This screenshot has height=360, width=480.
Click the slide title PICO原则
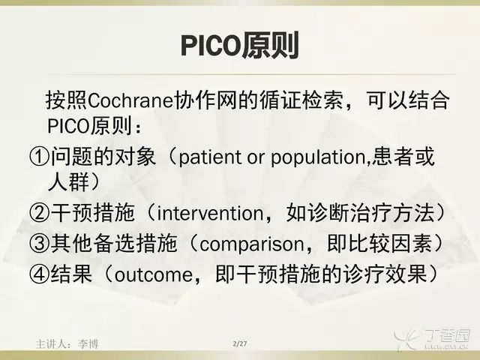(240, 46)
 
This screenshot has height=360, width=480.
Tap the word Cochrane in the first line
(130, 100)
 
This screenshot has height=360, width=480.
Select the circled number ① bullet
(39, 157)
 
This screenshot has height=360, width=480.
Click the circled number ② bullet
(39, 213)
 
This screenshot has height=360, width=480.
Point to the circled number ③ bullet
(39, 243)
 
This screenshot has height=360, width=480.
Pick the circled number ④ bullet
(39, 274)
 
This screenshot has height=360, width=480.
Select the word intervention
(210, 213)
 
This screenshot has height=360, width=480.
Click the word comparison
(252, 244)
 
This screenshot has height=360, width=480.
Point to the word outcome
(154, 274)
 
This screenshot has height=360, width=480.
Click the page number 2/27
(240, 343)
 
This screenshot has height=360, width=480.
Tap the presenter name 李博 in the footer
(88, 344)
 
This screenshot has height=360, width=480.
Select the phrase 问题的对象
(103, 157)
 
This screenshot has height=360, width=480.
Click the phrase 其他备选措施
(114, 243)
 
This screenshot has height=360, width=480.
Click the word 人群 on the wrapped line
(68, 181)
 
